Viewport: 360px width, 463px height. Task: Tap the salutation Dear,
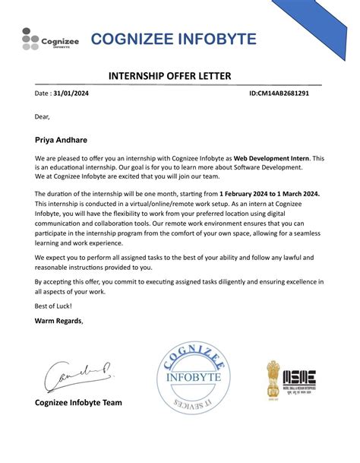click(42, 117)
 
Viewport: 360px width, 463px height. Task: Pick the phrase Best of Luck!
click(53, 305)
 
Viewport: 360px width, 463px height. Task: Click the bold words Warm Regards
click(58, 320)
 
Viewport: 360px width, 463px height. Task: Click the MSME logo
click(304, 378)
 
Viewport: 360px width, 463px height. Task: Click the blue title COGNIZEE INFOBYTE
click(173, 40)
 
